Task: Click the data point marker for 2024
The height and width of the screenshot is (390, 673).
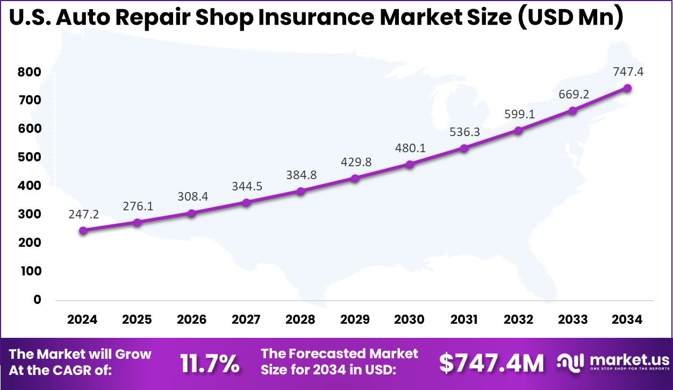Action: pyautogui.click(x=83, y=231)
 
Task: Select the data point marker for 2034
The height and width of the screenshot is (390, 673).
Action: pyautogui.click(x=627, y=88)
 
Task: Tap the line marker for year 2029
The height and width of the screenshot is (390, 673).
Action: pyautogui.click(x=355, y=179)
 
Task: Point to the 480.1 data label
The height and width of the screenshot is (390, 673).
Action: pyautogui.click(x=410, y=148)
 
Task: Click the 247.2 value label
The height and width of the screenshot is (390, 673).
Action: pyautogui.click(x=83, y=214)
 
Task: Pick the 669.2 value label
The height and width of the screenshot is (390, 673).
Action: pyautogui.click(x=573, y=94)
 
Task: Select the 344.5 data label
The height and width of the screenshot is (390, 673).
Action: pyautogui.click(x=246, y=186)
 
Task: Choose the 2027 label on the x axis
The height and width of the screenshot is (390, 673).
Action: pyautogui.click(x=246, y=320)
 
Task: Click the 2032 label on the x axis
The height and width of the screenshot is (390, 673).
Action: pyautogui.click(x=518, y=320)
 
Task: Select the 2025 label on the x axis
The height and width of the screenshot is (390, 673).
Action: pyautogui.click(x=137, y=320)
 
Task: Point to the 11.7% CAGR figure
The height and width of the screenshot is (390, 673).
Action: pyautogui.click(x=210, y=364)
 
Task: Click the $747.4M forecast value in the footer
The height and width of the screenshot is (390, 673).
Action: pyautogui.click(x=491, y=364)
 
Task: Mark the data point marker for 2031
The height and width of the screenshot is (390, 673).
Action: pyautogui.click(x=464, y=148)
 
